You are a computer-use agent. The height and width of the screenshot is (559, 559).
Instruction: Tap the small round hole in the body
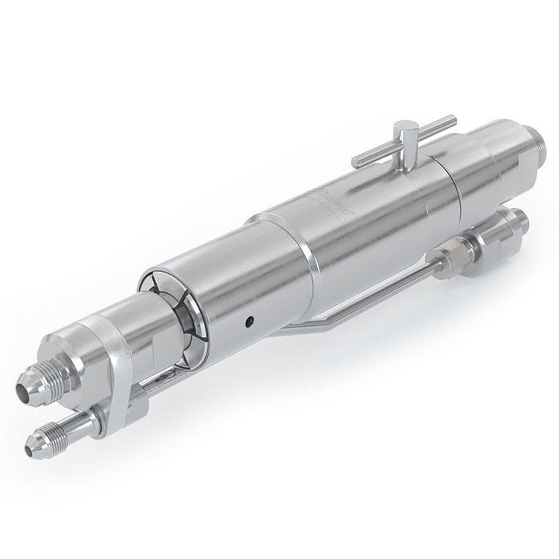[x=250, y=320]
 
